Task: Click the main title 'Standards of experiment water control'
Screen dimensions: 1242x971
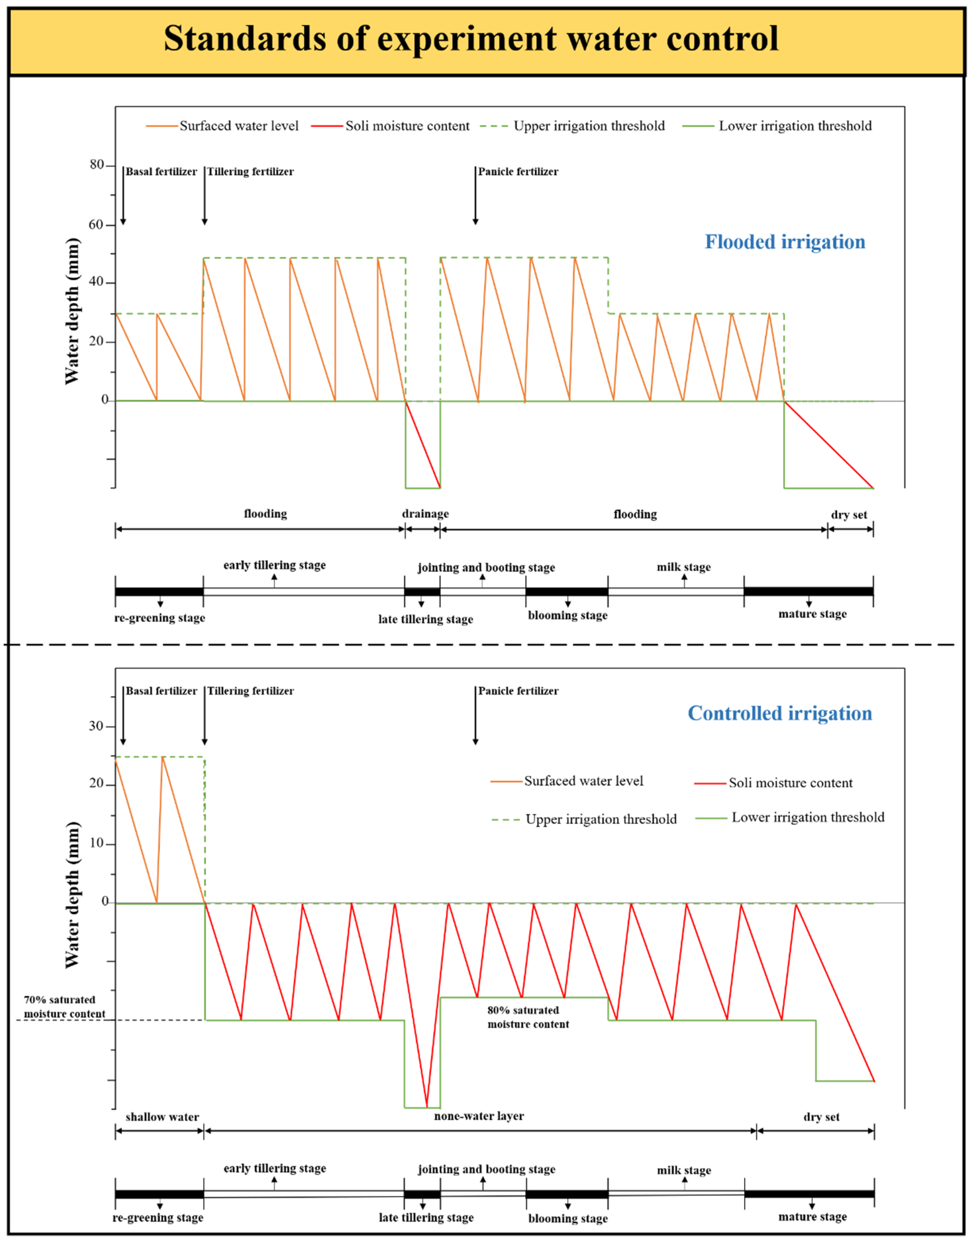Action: click(x=471, y=39)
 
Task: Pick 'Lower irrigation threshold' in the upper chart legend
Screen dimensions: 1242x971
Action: click(x=795, y=126)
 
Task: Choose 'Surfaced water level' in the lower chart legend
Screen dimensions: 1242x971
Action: click(x=583, y=781)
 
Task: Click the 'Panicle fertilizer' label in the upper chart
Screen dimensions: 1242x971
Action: click(x=518, y=172)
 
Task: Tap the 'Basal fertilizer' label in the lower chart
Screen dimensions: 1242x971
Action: click(x=162, y=691)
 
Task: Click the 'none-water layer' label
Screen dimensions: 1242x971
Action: click(x=479, y=1116)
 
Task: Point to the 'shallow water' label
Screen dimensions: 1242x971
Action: click(x=162, y=1117)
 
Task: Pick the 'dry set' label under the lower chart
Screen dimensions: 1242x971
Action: click(x=821, y=1117)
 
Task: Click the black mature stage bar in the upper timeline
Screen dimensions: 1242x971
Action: click(x=809, y=591)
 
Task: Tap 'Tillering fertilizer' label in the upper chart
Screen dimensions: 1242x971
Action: click(x=250, y=172)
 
